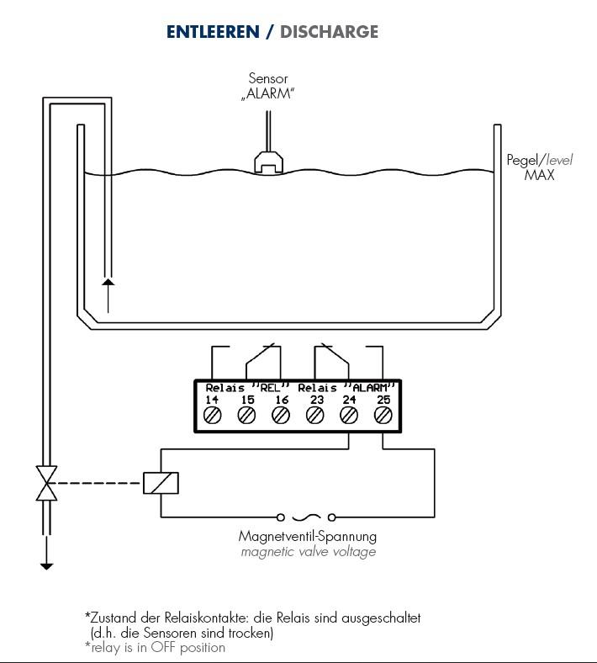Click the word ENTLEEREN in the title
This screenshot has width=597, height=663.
click(x=213, y=32)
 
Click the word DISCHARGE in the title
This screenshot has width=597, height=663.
click(x=329, y=32)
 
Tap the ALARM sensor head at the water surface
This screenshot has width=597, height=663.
click(x=268, y=162)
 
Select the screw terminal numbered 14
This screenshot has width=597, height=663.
click(x=212, y=416)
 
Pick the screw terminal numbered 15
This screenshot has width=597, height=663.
click(x=246, y=416)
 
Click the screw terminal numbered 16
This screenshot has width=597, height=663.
click(x=281, y=416)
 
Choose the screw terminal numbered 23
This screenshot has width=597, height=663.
click(x=314, y=416)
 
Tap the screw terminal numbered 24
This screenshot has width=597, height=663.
click(x=349, y=416)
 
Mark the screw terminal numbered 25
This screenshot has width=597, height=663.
click(x=383, y=416)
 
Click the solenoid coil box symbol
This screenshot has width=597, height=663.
click(x=161, y=483)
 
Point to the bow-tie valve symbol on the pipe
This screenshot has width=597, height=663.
click(x=46, y=483)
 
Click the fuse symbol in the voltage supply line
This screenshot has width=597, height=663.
click(x=306, y=517)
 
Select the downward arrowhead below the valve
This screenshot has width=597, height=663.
click(x=46, y=566)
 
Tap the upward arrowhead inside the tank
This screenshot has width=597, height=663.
click(x=108, y=282)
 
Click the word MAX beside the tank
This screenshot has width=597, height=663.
click(x=539, y=175)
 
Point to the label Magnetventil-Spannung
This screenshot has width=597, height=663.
click(x=308, y=537)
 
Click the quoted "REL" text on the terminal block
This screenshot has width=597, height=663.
click(x=271, y=387)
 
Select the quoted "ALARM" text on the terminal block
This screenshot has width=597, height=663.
click(x=370, y=387)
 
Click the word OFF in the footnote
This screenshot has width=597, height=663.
click(x=163, y=647)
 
